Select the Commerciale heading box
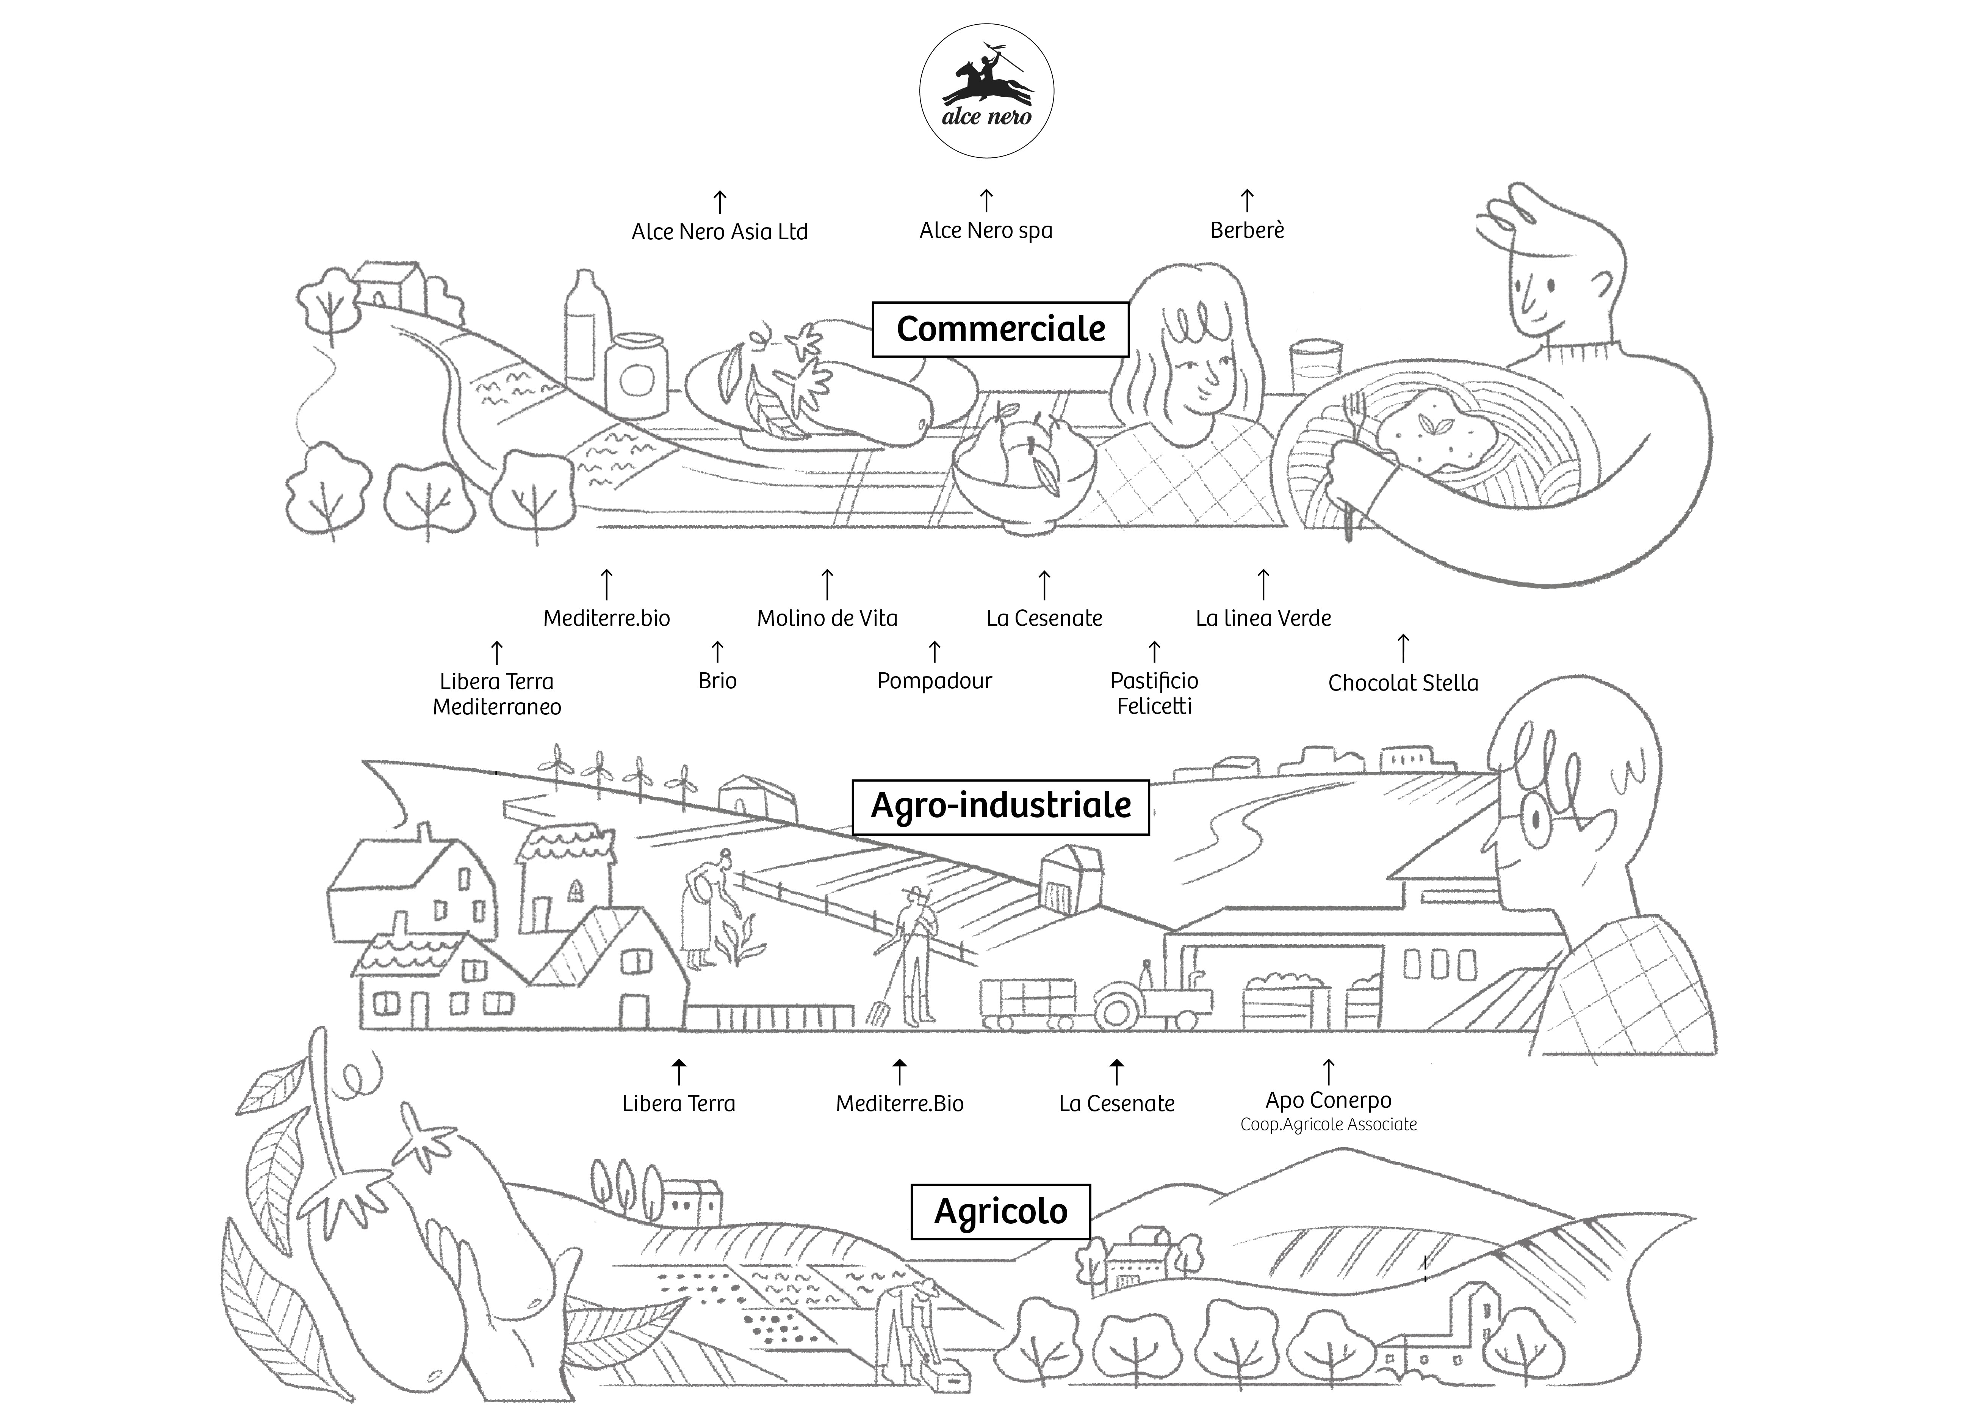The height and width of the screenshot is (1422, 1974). pos(1000,329)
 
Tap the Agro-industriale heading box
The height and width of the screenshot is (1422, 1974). pos(1000,806)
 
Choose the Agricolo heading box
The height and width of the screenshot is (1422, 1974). pos(1000,1211)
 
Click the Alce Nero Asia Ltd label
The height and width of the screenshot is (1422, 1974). pos(719,232)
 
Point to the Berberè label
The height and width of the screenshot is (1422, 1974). pos(1246,230)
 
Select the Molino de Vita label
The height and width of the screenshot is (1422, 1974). pos(827,618)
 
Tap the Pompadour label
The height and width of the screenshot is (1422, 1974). pos(934,681)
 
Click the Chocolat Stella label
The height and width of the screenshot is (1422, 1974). pos(1402,683)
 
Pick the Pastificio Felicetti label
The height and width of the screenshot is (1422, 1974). pos(1154,693)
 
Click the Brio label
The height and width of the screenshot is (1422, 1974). pos(717,681)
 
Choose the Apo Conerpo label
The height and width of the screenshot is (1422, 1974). pos(1328,1101)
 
